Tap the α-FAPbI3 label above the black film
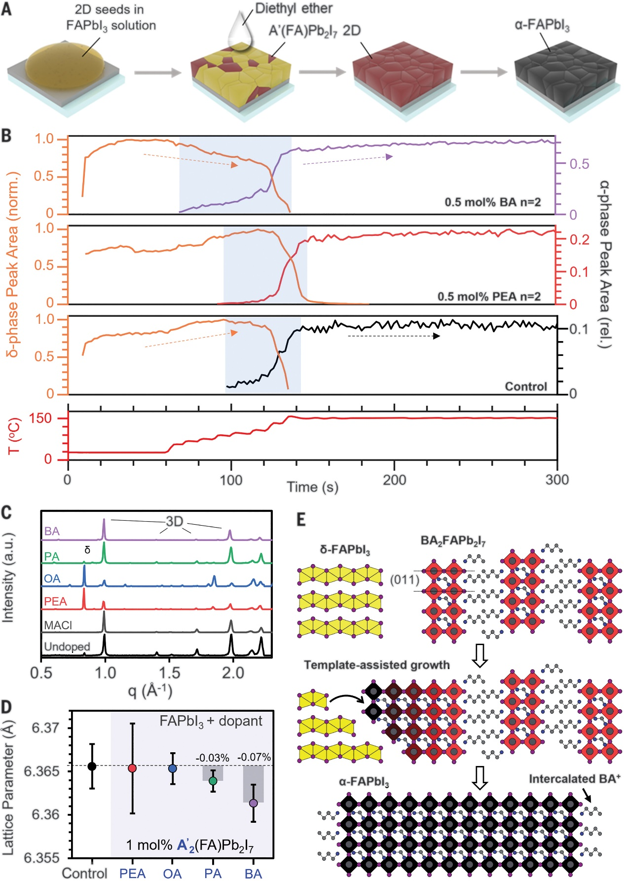[x=542, y=25]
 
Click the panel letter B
[x=7, y=136]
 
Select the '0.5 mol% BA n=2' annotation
[x=492, y=202]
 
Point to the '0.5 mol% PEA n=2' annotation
[x=489, y=297]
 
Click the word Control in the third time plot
[x=526, y=386]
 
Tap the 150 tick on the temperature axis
[x=40, y=419]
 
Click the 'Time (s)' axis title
[x=313, y=487]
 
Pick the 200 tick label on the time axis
[x=394, y=480]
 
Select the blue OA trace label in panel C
[x=52, y=578]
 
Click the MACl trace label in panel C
[x=58, y=625]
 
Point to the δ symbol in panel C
[x=87, y=549]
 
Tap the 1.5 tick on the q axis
[x=169, y=672]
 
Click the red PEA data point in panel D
[x=132, y=768]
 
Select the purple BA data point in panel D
[x=253, y=803]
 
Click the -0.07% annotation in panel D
[x=254, y=757]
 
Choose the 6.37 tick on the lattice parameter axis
[x=46, y=728]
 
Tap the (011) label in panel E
[x=405, y=579]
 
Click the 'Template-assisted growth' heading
[x=377, y=665]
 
